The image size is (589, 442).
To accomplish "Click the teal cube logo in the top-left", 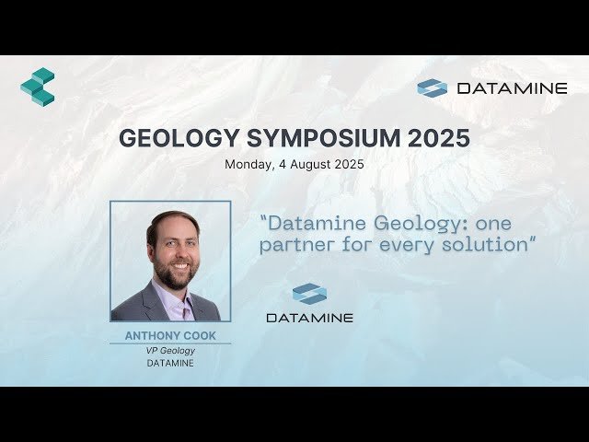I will coord(38,87).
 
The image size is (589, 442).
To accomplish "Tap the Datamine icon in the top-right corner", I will coord(432,88).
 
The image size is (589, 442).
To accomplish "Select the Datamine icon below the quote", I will coord(309,294).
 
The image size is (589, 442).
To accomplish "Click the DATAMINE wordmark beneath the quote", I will coord(309,318).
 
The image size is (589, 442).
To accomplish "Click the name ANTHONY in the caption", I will coord(152,336).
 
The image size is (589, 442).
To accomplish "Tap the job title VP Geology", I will coord(170,350).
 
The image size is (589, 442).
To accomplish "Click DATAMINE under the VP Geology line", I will coord(170,363).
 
